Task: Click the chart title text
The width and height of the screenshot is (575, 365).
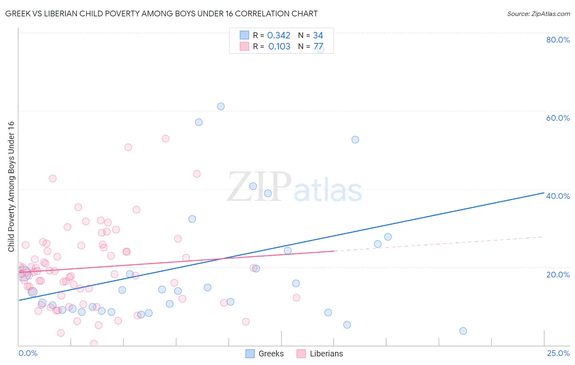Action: [x=161, y=14]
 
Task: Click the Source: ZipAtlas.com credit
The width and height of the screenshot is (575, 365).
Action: [x=538, y=14]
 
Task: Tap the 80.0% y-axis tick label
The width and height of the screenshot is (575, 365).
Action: [x=558, y=40]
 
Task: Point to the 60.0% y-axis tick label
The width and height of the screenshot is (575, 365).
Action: [x=558, y=118]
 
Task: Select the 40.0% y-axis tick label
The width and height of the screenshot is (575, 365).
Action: [x=558, y=196]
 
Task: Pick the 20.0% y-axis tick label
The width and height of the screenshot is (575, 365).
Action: [x=558, y=275]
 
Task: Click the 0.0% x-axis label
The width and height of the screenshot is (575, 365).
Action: [x=28, y=353]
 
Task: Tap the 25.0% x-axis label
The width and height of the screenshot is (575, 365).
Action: [x=558, y=353]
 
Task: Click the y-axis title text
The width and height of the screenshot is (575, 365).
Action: [x=11, y=187]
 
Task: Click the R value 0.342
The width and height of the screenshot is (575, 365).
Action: [x=279, y=36]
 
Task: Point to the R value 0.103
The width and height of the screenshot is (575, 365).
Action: [x=279, y=47]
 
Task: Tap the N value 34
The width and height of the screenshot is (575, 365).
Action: [x=318, y=36]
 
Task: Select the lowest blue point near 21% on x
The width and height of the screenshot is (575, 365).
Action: [x=463, y=331]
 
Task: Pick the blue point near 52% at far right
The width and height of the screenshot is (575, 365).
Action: [x=355, y=140]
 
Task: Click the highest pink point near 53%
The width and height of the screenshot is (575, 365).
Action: [x=165, y=139]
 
